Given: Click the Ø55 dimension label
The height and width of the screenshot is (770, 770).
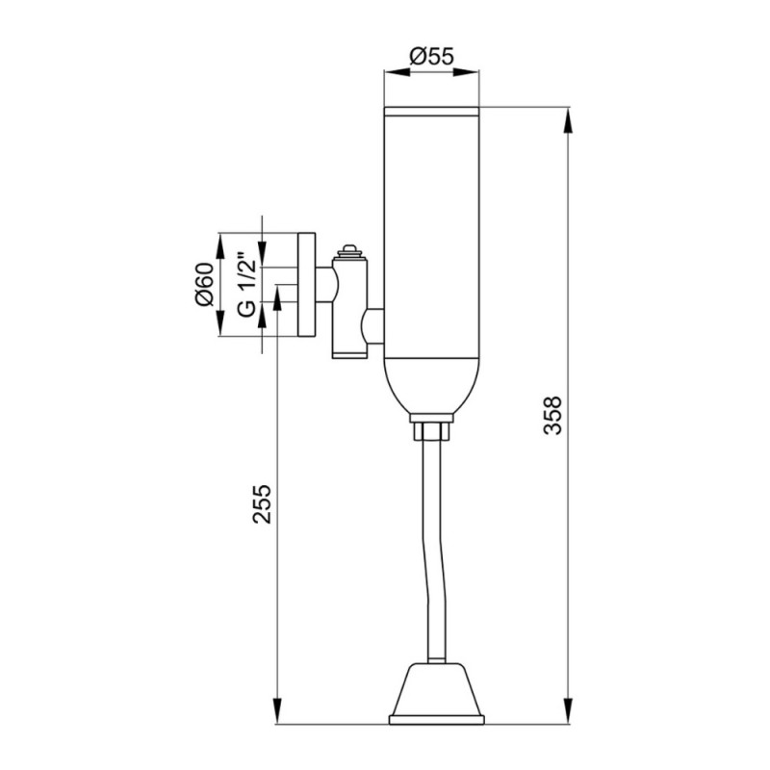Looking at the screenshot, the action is click(431, 57).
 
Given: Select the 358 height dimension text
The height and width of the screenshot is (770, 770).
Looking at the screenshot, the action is click(552, 415).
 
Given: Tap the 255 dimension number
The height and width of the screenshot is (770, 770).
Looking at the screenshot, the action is click(262, 503).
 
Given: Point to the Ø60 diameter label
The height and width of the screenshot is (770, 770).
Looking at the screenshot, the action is click(205, 284).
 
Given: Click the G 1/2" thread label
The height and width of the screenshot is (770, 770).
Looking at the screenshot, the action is click(246, 284).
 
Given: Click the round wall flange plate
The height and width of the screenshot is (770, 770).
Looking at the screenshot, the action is click(306, 285).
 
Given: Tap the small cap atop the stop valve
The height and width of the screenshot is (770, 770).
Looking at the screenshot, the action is click(349, 250).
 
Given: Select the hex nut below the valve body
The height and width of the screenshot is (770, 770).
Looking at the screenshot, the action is click(431, 430).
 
